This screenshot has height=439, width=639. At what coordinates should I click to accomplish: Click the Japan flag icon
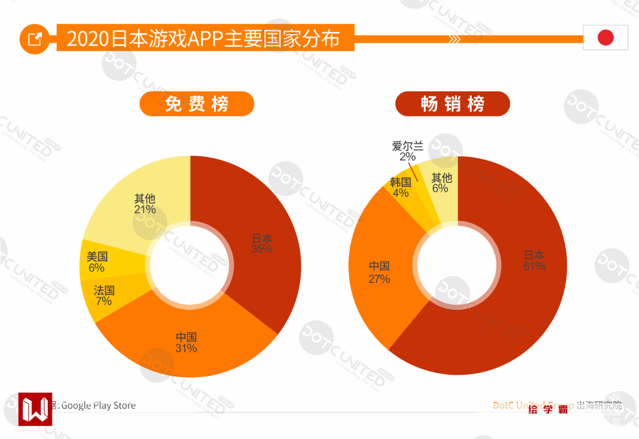pos(605,38)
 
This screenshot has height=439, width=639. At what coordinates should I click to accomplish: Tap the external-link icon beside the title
pos(35,39)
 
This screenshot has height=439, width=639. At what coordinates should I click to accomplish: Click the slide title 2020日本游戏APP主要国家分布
pos(203,39)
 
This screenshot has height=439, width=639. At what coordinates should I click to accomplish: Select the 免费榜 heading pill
pos(196,104)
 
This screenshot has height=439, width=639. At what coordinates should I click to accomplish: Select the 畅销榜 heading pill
pos(452,104)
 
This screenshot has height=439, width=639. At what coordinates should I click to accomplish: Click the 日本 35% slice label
pos(262,244)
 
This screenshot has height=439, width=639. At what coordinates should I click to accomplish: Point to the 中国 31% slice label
pos(186,343)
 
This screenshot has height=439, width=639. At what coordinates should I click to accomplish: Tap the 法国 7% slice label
pos(104,296)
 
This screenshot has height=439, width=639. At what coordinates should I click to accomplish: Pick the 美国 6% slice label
pos(97,262)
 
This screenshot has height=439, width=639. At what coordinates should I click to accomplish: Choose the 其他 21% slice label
pos(145,204)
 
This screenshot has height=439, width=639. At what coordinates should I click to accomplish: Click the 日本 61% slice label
pos(534,261)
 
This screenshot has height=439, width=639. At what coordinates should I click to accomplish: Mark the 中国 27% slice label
pos(379,273)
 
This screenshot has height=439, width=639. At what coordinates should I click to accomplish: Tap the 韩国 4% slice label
pos(400,188)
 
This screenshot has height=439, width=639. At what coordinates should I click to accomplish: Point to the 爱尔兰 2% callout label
pos(407,151)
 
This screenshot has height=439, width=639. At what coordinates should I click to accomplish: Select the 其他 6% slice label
pos(441,183)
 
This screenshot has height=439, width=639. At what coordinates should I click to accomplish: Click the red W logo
pos(35,408)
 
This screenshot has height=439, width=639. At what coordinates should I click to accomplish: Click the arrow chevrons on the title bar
pos(454,40)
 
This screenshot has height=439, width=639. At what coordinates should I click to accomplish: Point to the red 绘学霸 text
pos(548,409)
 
